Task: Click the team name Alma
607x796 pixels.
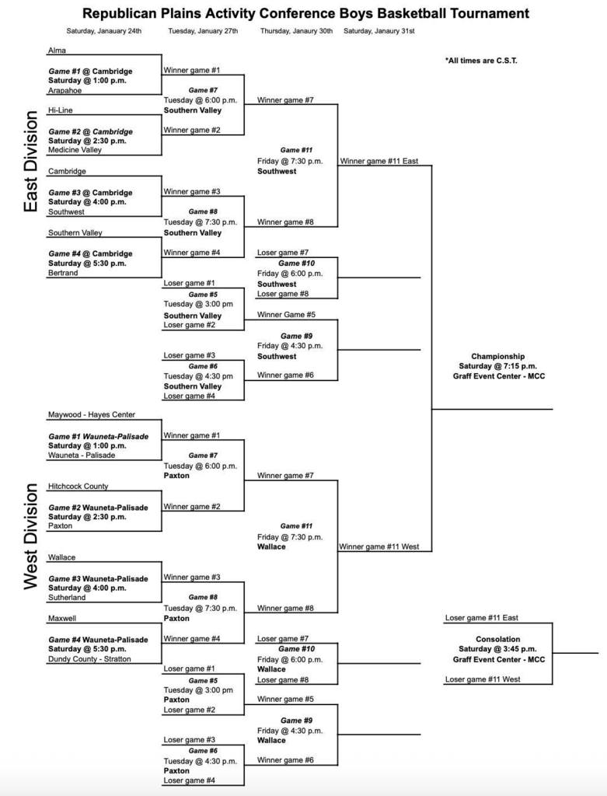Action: tap(57, 50)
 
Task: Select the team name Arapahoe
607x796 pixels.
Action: tap(65, 90)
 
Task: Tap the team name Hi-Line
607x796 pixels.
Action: tap(61, 110)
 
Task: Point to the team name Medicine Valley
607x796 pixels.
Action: tap(75, 151)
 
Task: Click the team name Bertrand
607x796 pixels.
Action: tap(63, 273)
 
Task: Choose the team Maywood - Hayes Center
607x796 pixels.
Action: tap(91, 415)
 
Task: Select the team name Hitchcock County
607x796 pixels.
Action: tap(78, 486)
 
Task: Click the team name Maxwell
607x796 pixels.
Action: tap(62, 619)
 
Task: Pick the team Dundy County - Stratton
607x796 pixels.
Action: tap(89, 659)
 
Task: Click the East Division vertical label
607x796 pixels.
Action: tap(31, 162)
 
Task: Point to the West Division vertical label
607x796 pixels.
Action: tap(31, 536)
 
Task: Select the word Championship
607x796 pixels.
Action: tap(497, 356)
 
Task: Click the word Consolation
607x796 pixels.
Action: tap(498, 639)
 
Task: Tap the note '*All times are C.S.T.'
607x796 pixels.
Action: tap(480, 61)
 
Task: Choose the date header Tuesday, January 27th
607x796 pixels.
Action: tap(203, 31)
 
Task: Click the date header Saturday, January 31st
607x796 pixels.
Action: tap(379, 31)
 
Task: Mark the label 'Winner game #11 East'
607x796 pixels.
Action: tap(379, 161)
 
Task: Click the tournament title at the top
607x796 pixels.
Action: tap(305, 13)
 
